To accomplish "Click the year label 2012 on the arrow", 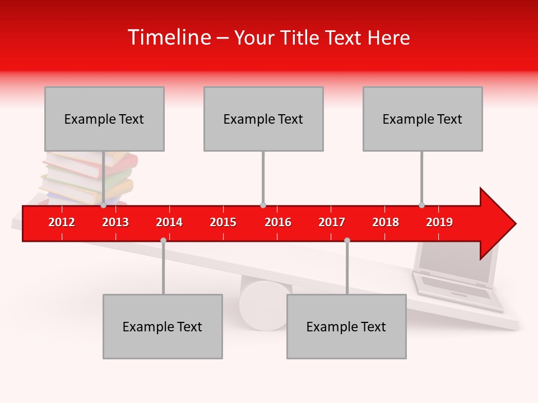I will pos(62,222).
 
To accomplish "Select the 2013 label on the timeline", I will pos(115,222).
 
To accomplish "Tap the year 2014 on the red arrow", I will pos(169,222).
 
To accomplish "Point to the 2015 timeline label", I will pos(223,222).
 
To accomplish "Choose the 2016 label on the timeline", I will pos(278,222).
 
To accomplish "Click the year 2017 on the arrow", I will pos(332,222).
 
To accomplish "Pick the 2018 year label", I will pos(386,222).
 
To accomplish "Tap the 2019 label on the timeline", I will pos(439,222).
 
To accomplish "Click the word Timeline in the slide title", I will pos(169,38).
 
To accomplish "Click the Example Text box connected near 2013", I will pos(104,119).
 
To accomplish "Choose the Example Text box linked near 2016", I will pos(263,119).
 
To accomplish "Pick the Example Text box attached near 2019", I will pos(423,119).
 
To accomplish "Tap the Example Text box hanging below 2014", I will pos(163,326).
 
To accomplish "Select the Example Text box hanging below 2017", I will pos(346,326).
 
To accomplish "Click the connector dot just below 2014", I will pos(163,240).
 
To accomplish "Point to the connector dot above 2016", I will pos(263,205).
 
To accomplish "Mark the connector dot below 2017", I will pos(347,240).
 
